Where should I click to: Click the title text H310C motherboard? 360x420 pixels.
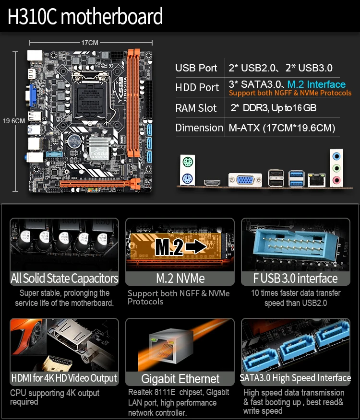pos(85,17)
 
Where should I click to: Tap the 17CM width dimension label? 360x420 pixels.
pos(89,43)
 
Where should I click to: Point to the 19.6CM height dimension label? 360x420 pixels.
pos(13,121)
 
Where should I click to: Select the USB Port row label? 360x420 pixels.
pos(196,68)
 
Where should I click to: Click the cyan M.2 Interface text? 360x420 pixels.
pos(316,84)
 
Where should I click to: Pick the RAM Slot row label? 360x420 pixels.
pos(196,108)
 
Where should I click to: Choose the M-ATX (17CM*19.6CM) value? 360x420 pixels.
pos(282,128)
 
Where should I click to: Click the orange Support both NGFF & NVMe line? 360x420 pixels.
pos(290,93)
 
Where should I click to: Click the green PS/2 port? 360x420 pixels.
pos(187,162)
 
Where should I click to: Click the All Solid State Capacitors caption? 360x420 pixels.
pos(64,279)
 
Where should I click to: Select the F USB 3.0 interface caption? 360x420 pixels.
pos(295,279)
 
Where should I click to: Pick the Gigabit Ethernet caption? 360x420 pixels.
pos(180,379)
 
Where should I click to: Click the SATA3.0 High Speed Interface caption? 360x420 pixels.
pos(295,378)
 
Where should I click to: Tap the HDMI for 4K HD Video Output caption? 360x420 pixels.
pos(64,378)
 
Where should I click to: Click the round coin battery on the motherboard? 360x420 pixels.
pos(74,141)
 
